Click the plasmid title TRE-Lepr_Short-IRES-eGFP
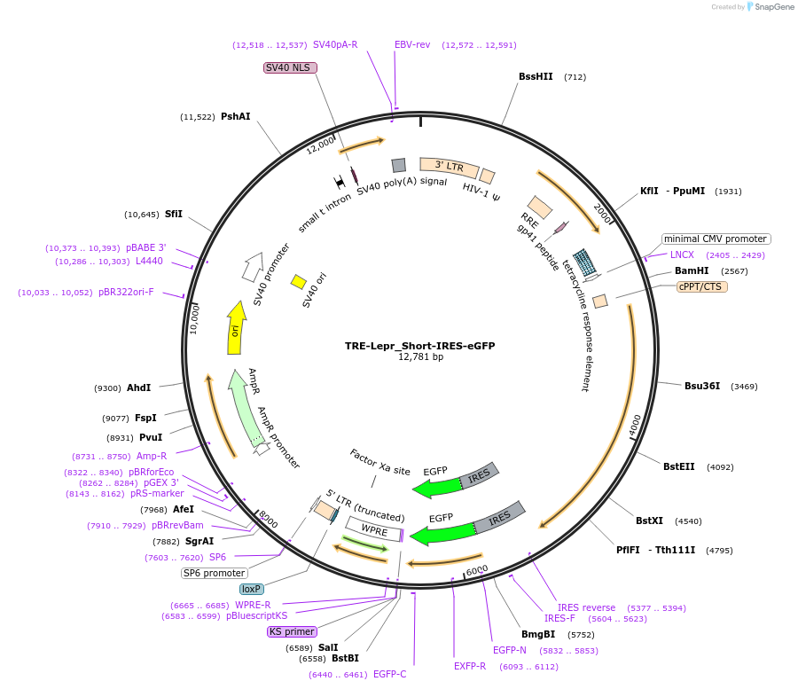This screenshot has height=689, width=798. pyautogui.click(x=420, y=346)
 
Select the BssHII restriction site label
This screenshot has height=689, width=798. pyautogui.click(x=536, y=77)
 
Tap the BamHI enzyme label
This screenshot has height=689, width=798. pyautogui.click(x=692, y=270)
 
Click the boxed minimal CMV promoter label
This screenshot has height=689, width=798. pyautogui.click(x=716, y=239)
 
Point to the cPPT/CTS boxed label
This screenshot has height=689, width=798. pyautogui.click(x=701, y=286)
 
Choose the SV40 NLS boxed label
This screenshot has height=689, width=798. pyautogui.click(x=290, y=67)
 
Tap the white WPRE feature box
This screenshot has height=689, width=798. pyautogui.click(x=374, y=530)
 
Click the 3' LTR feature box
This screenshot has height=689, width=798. pyautogui.click(x=449, y=166)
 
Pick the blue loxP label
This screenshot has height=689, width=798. pyautogui.click(x=253, y=589)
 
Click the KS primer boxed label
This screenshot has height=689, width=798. pyautogui.click(x=292, y=632)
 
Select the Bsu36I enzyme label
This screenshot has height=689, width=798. pyautogui.click(x=702, y=386)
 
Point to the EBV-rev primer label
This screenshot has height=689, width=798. pyautogui.click(x=412, y=44)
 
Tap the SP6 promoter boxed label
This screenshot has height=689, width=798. pyautogui.click(x=214, y=573)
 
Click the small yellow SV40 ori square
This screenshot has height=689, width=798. pyautogui.click(x=299, y=281)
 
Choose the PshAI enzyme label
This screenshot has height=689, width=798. pyautogui.click(x=235, y=116)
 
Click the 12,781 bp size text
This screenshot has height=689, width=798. pyautogui.click(x=420, y=357)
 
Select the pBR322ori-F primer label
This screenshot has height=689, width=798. pyautogui.click(x=126, y=292)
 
